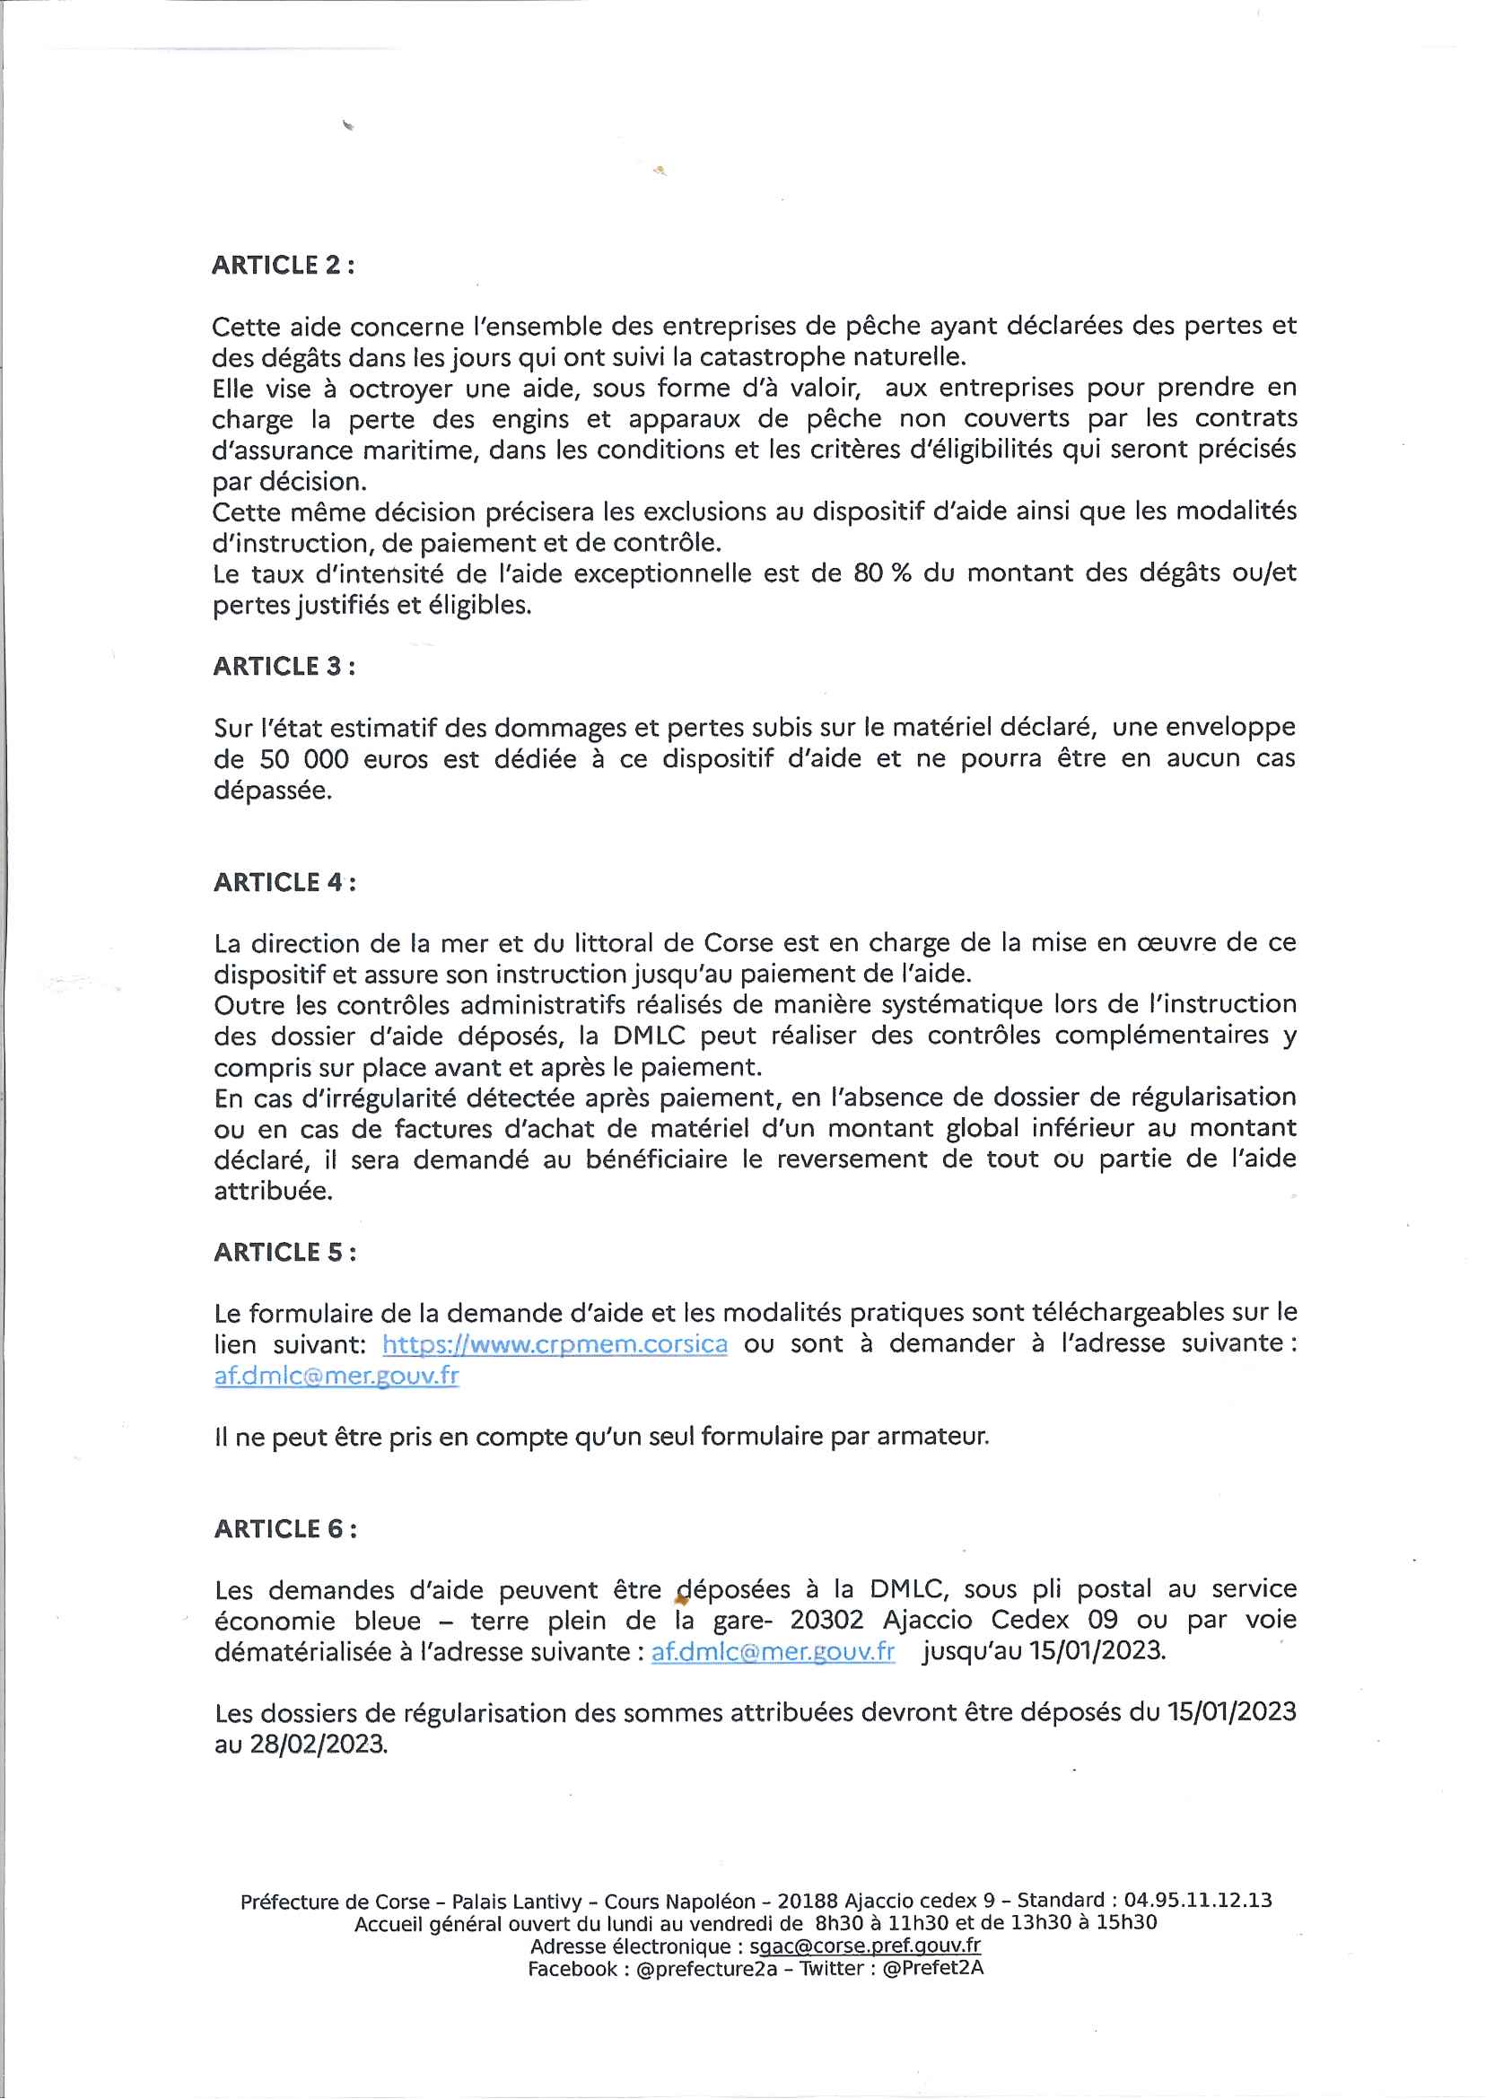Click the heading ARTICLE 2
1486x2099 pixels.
pyautogui.click(x=283, y=266)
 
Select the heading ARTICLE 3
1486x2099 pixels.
pyautogui.click(x=284, y=666)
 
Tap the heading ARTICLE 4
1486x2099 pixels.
pyautogui.click(x=284, y=882)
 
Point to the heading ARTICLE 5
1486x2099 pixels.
pyautogui.click(x=284, y=1252)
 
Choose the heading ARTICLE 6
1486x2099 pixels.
pyautogui.click(x=284, y=1529)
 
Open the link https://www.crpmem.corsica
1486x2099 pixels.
pyautogui.click(x=555, y=1344)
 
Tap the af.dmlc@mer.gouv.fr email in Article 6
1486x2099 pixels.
pyautogui.click(x=773, y=1651)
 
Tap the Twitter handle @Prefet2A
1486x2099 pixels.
pyautogui.click(x=932, y=1968)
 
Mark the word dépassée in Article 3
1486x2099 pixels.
pyautogui.click(x=272, y=791)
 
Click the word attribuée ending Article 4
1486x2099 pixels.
pyautogui.click(x=273, y=1191)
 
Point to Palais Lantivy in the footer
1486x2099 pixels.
pyautogui.click(x=516, y=1902)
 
